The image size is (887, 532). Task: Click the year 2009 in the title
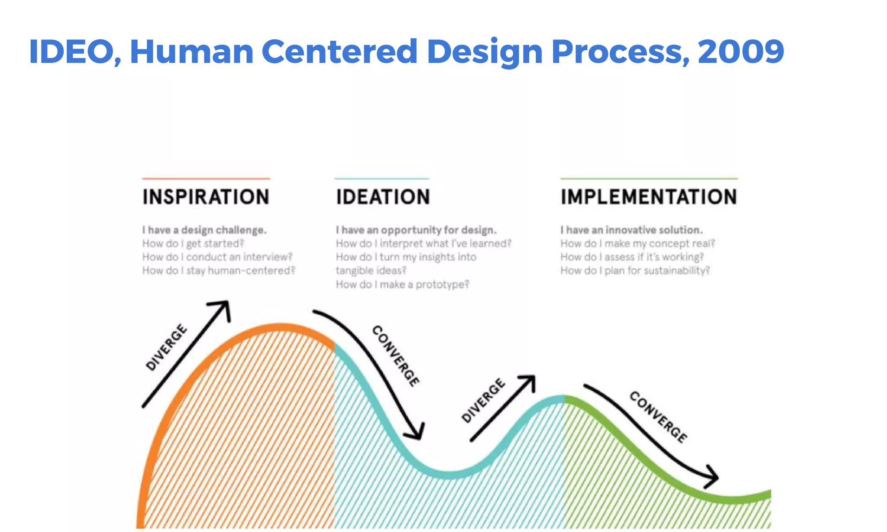[741, 52]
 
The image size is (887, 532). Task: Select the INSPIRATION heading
[206, 197]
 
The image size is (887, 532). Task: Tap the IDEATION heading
[383, 197]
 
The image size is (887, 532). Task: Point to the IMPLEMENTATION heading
[648, 197]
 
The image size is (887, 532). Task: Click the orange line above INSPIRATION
[206, 178]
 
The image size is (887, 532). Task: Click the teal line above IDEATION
[382, 178]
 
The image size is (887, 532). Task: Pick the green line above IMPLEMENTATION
[648, 178]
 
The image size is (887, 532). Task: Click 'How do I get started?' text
[193, 244]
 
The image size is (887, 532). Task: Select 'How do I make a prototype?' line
[402, 284]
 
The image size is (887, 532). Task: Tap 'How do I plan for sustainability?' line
[635, 271]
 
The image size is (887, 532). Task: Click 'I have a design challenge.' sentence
[204, 230]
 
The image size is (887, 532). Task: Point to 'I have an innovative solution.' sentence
[631, 230]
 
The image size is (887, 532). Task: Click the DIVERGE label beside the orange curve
[166, 347]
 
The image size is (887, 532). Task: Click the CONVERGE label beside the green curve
[658, 417]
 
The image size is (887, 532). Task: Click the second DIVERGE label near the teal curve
[483, 400]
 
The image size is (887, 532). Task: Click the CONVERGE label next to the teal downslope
[395, 355]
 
